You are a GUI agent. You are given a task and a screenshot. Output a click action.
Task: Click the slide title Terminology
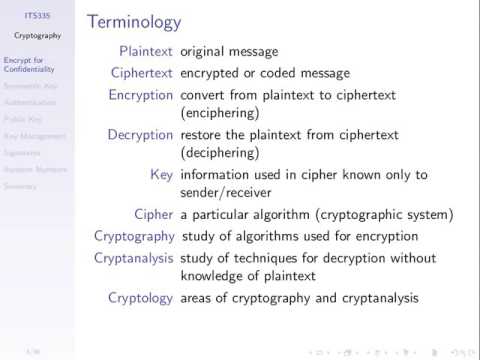[x=135, y=21]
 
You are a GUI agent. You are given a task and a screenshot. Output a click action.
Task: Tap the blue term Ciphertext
[x=141, y=72]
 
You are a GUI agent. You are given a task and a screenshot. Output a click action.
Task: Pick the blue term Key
[x=162, y=175]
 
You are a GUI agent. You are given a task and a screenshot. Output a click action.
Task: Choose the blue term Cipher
[x=154, y=214]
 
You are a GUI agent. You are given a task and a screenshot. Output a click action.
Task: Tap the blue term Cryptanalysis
[x=134, y=259]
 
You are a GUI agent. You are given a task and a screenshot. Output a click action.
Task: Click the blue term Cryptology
[x=140, y=298]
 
